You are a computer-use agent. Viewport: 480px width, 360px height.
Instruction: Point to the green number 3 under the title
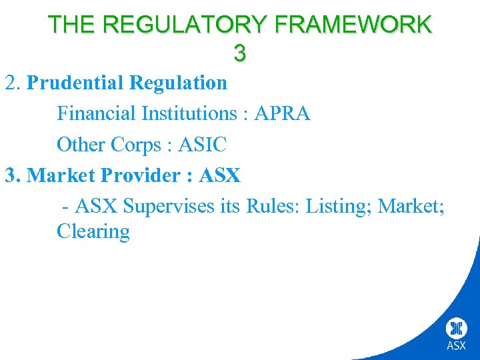(x=240, y=53)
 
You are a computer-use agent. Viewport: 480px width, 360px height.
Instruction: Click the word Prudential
(x=75, y=83)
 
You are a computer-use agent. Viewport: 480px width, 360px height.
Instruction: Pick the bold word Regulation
(x=178, y=83)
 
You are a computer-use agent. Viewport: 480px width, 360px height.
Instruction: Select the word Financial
(x=96, y=113)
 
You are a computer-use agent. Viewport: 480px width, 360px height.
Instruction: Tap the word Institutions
(x=189, y=113)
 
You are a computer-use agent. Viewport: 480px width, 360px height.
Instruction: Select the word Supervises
(x=170, y=206)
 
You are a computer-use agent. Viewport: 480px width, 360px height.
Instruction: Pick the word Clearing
(x=93, y=232)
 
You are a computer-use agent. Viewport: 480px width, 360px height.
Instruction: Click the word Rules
(x=273, y=206)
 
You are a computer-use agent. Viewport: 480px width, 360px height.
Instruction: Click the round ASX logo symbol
(x=457, y=328)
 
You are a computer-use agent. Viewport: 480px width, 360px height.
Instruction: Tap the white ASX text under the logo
(x=457, y=345)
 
